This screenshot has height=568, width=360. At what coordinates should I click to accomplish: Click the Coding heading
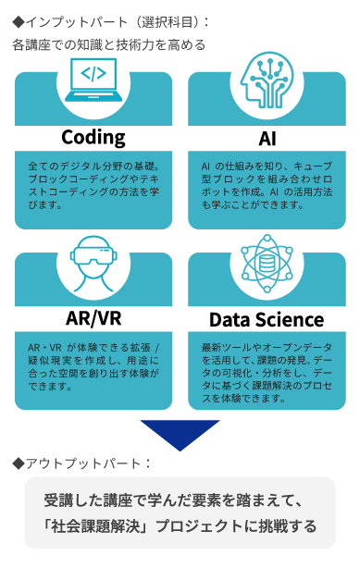93,138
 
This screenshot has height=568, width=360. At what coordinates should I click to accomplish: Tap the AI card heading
267,138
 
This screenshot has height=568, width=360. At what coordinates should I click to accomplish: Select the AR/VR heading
93,318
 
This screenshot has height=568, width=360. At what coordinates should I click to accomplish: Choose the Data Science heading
267,319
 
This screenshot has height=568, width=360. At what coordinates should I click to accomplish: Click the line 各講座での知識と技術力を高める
109,44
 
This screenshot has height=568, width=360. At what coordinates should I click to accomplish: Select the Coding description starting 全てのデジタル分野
93,183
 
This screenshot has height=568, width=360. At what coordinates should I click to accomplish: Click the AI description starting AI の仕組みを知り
267,183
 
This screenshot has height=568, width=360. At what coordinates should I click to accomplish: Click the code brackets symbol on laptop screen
93,73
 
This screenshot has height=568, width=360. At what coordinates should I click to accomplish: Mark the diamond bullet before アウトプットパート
19,463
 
